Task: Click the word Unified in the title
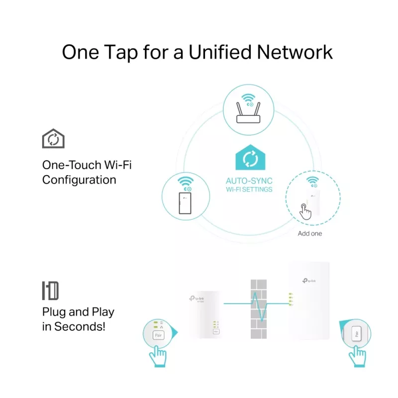coord(220,52)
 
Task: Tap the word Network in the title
coord(295,52)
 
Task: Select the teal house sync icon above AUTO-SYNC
coord(250,157)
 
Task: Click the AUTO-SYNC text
coord(249,181)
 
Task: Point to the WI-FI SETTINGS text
coord(249,190)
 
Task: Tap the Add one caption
coord(309,233)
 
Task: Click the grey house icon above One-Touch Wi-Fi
coord(53,138)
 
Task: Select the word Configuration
coord(79,180)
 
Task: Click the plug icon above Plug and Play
coord(51,291)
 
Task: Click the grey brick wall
coord(259,309)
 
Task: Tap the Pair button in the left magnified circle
coord(158,335)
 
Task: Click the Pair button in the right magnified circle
coord(356,333)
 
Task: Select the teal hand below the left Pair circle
coord(158,357)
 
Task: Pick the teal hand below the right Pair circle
coord(357,357)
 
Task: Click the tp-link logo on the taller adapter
coord(309,281)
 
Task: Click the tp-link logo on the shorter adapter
coord(197,299)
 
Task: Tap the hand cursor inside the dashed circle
coord(305,211)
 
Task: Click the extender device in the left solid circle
coord(185,203)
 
